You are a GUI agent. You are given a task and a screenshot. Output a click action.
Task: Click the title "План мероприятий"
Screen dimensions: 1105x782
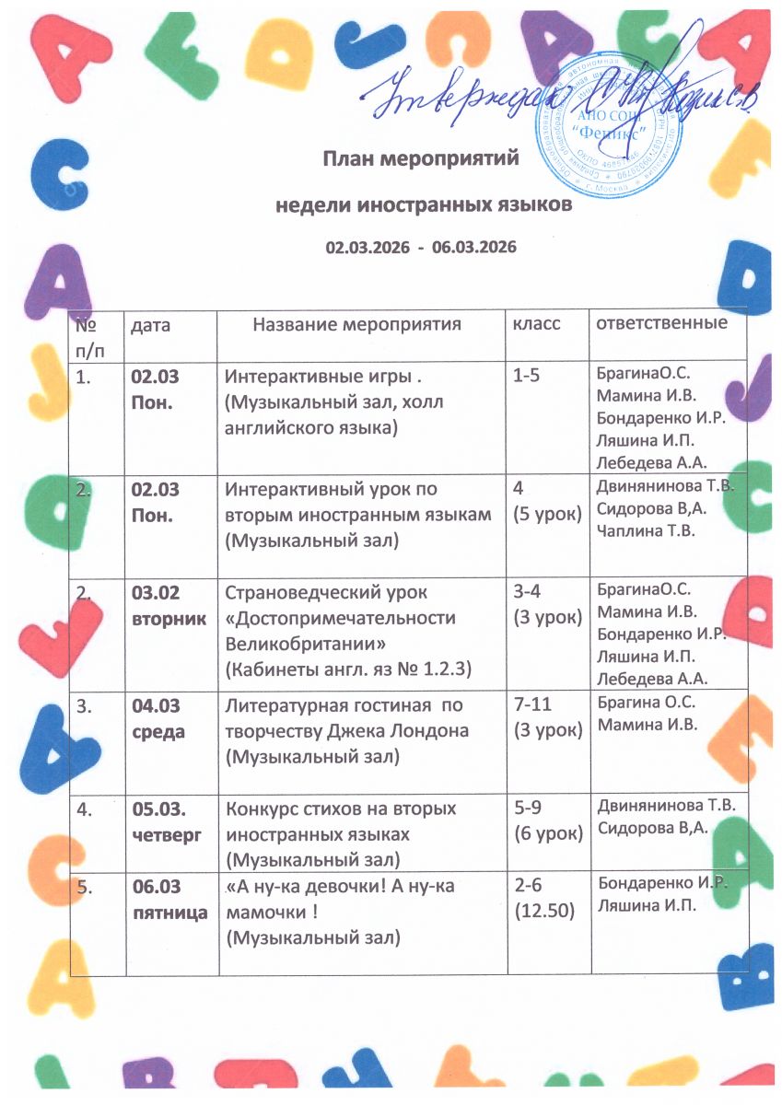point(420,157)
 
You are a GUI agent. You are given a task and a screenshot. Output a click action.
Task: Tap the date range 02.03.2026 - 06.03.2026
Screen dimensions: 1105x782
point(420,248)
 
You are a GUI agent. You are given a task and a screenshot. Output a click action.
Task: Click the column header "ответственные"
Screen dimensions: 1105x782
point(661,324)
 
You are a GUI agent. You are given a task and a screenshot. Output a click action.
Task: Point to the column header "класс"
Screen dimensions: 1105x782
point(536,325)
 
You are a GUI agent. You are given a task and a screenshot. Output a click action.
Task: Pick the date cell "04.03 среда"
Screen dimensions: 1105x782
point(155,718)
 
